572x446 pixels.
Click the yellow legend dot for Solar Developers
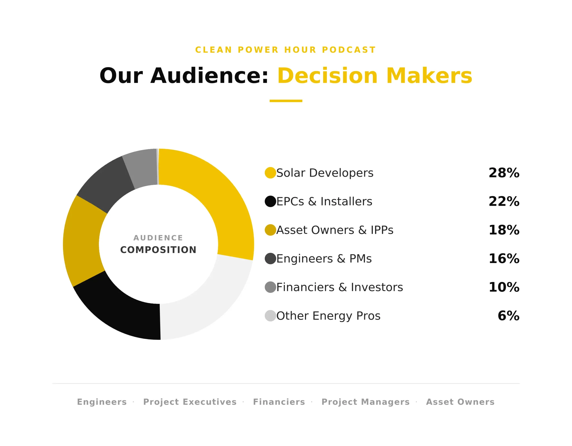coord(270,173)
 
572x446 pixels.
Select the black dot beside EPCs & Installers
coord(270,201)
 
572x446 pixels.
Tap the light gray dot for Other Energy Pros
coord(270,316)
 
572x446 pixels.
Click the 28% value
coord(504,173)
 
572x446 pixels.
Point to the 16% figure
coord(504,259)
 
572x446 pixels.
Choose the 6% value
coord(508,316)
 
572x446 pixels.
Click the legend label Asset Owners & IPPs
coord(335,230)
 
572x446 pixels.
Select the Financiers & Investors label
coord(339,287)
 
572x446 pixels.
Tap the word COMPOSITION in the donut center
coord(158,250)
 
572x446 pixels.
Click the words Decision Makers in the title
coord(374,76)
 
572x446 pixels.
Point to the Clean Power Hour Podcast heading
coord(286,50)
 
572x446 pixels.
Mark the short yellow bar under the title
coord(286,101)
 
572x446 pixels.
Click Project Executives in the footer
coord(190,402)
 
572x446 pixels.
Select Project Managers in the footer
coord(365,402)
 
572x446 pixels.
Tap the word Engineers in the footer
coord(102,402)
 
